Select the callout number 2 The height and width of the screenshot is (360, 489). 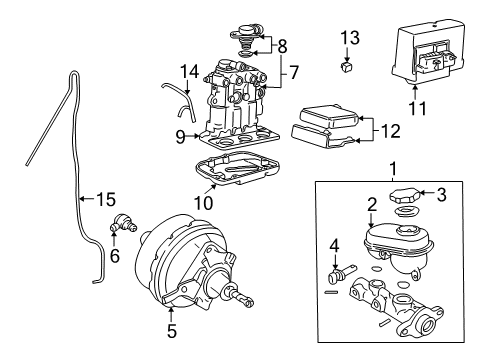pos(371,205)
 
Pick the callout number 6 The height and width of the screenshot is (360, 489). pos(113,256)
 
